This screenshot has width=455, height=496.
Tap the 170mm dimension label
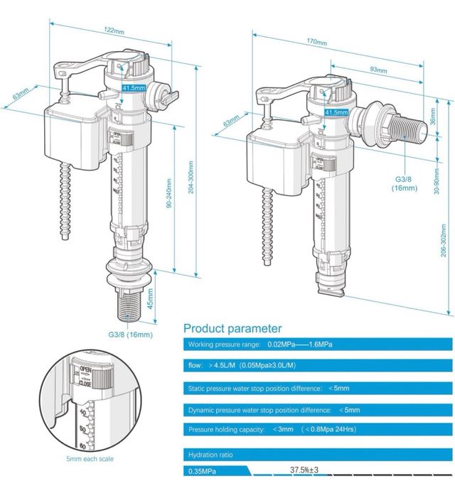(x=317, y=43)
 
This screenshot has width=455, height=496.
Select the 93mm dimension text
(x=379, y=70)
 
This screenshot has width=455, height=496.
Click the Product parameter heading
(x=232, y=328)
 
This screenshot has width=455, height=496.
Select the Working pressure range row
(x=260, y=345)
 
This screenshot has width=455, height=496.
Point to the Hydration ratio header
(x=210, y=454)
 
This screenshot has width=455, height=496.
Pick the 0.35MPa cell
(x=203, y=470)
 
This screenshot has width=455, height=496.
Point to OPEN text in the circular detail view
(x=86, y=370)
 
